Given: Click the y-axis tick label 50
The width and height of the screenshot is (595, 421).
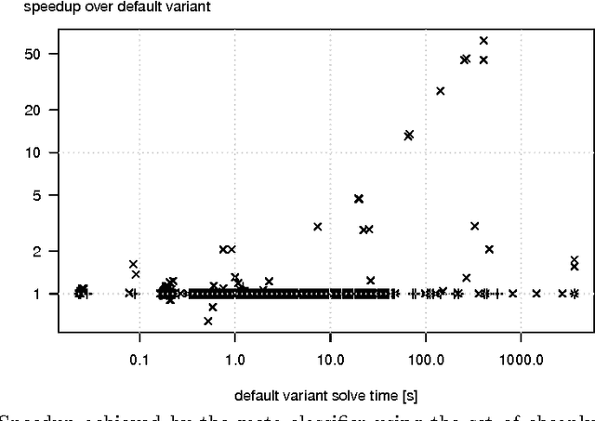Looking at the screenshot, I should (x=35, y=54).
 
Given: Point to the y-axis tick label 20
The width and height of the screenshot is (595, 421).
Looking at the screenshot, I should (x=35, y=110).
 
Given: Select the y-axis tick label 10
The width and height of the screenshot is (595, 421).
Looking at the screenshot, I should (x=35, y=152).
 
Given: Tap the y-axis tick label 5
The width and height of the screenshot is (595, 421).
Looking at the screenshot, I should (x=39, y=195).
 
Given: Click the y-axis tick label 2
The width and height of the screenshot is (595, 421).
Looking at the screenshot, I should (x=39, y=251).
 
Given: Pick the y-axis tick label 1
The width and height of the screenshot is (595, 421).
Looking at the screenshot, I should (x=39, y=294).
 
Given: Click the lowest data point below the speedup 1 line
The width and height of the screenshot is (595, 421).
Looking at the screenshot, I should (x=208, y=321).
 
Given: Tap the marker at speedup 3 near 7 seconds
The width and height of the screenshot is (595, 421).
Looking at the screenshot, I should (x=318, y=226).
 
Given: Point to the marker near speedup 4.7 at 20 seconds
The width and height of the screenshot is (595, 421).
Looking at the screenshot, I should (x=359, y=198).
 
